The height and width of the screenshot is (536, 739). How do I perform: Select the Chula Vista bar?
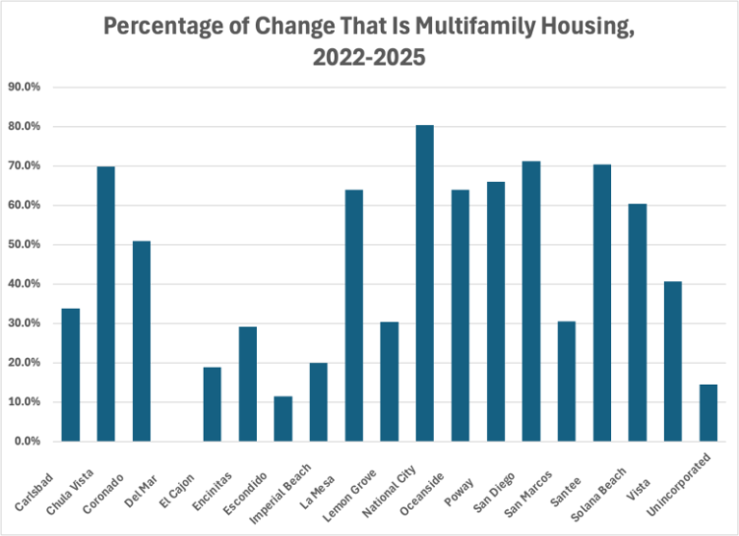tap(106, 304)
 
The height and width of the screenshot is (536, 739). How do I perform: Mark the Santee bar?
tap(601, 303)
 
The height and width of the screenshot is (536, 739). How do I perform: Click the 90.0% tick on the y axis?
tap(25, 87)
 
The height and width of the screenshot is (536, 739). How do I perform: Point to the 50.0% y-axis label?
tap(25, 244)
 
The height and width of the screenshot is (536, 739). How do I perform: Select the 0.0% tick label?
tap(27, 442)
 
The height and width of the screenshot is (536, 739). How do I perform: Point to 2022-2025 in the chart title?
tap(369, 59)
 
